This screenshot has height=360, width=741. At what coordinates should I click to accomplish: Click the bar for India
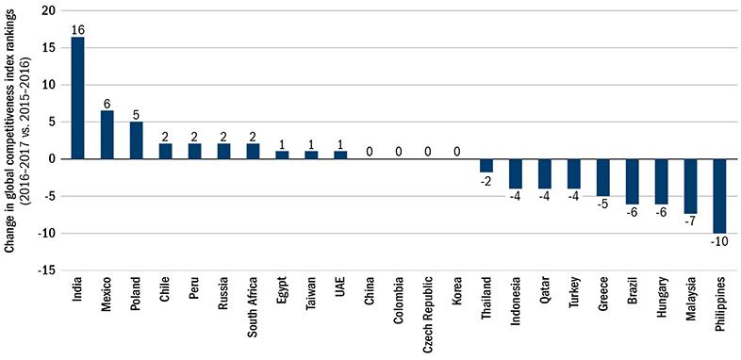point(77,98)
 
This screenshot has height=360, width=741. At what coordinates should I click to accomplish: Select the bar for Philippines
point(719,195)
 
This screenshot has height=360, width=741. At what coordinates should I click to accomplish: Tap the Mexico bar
point(107,135)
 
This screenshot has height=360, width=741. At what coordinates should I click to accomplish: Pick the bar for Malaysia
point(690,186)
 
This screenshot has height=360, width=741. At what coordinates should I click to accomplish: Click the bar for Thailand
point(486,165)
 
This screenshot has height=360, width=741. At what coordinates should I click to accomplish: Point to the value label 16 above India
point(77,29)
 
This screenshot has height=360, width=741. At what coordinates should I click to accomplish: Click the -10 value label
point(719,240)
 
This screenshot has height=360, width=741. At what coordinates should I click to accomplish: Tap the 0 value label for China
point(370,150)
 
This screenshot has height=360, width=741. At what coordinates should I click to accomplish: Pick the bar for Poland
point(136,139)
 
